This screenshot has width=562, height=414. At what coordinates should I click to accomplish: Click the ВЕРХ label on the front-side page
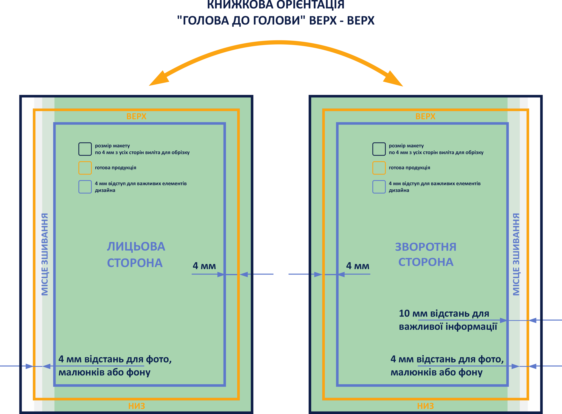pyautogui.click(x=136, y=116)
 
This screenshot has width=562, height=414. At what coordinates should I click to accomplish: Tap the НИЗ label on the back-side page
pyautogui.click(x=425, y=406)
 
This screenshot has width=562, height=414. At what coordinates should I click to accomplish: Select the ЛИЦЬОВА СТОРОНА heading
pyautogui.click(x=136, y=254)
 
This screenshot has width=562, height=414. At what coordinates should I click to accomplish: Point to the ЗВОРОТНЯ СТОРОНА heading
pyautogui.click(x=426, y=254)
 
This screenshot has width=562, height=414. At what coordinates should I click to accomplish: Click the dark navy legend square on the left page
pyautogui.click(x=85, y=149)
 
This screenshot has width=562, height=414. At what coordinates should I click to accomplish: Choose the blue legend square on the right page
pyautogui.click(x=379, y=187)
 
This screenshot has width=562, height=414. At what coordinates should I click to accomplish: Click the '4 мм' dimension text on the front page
pyautogui.click(x=204, y=266)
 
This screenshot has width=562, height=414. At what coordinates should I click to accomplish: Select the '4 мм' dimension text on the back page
pyautogui.click(x=358, y=266)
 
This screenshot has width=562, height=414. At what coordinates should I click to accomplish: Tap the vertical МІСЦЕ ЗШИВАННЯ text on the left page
pyautogui.click(x=45, y=254)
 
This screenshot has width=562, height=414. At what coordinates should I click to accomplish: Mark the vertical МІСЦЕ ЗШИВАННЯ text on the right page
pyautogui.click(x=516, y=254)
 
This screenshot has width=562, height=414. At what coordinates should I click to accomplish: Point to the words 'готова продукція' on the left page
pyautogui.click(x=116, y=168)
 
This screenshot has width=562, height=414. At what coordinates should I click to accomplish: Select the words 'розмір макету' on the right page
pyautogui.click(x=406, y=146)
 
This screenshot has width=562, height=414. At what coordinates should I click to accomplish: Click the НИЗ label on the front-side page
pyautogui.click(x=136, y=406)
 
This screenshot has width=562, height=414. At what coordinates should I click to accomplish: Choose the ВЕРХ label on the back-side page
pyautogui.click(x=425, y=116)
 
